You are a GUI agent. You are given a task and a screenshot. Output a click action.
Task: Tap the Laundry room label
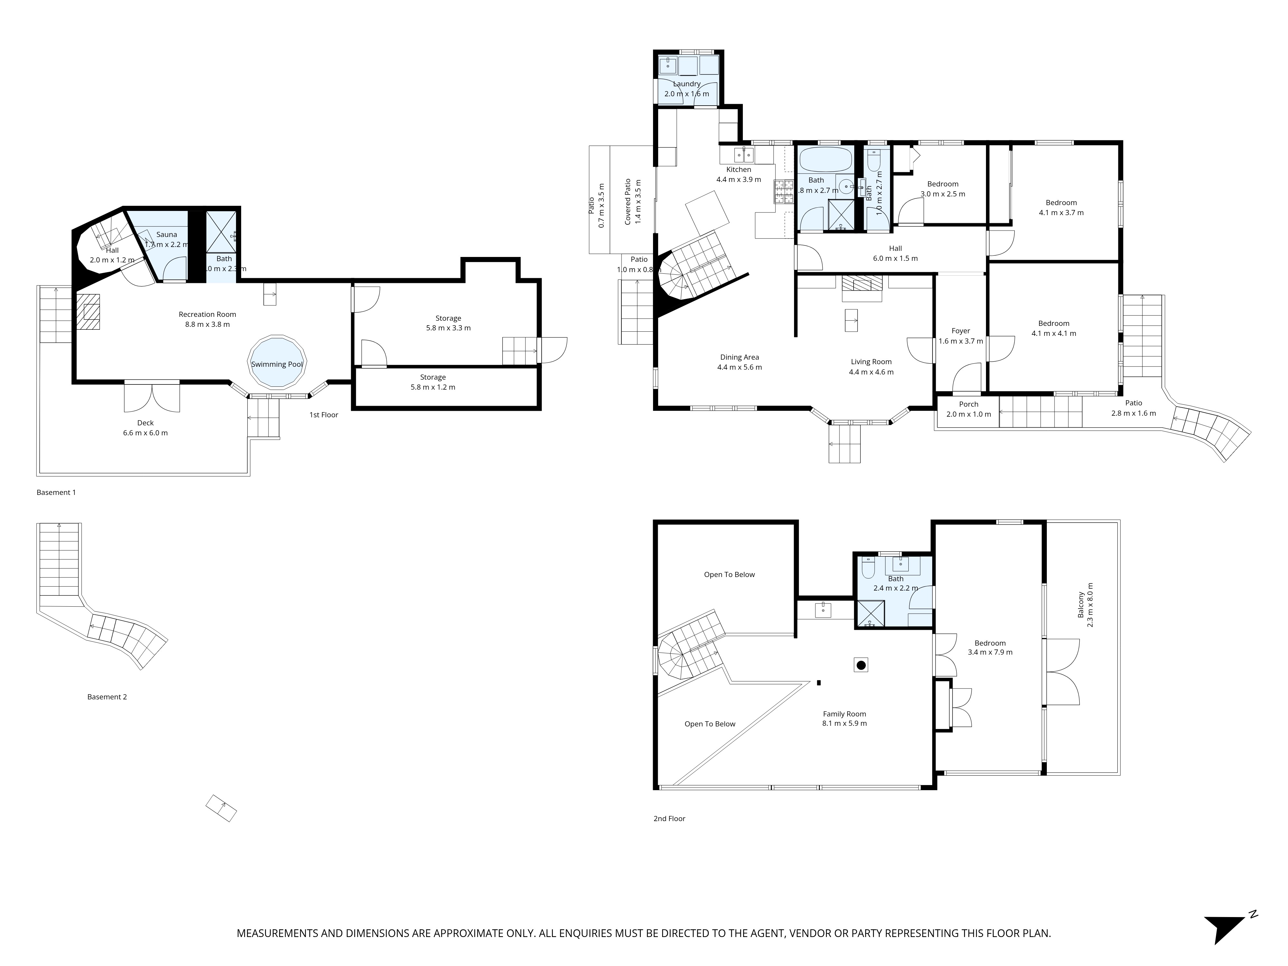687,84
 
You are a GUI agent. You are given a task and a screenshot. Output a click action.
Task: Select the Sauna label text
166,235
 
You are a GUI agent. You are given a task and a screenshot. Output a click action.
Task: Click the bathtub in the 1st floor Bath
825,158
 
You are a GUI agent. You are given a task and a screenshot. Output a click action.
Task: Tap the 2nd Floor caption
669,819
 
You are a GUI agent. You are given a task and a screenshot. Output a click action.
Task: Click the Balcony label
1081,604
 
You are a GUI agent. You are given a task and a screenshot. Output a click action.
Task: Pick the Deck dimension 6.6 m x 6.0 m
146,433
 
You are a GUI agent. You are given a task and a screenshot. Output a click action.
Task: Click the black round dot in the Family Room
861,665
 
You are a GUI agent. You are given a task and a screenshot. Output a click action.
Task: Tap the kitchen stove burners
783,192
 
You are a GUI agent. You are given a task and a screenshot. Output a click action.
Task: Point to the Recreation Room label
207,314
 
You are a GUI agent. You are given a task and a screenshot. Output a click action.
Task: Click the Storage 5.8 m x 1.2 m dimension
433,387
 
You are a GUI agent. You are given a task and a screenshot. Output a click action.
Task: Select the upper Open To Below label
729,575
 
